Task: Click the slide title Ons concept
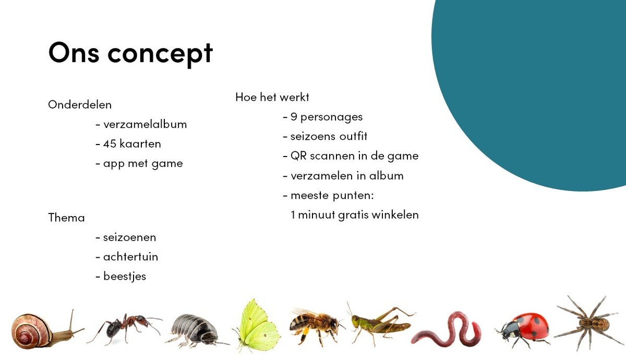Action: pyautogui.click(x=130, y=54)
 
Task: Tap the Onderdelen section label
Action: pyautogui.click(x=80, y=105)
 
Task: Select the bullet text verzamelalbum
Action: pyautogui.click(x=145, y=124)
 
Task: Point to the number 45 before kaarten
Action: pyautogui.click(x=110, y=144)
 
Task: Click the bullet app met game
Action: pyautogui.click(x=143, y=164)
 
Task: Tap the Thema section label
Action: pyautogui.click(x=67, y=218)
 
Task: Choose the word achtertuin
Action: pyautogui.click(x=130, y=257)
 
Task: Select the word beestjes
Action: pyautogui.click(x=125, y=277)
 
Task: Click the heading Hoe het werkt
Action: pyautogui.click(x=272, y=97)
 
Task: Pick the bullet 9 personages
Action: pyautogui.click(x=327, y=117)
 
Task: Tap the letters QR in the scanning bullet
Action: pyautogui.click(x=298, y=156)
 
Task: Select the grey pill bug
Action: pyautogui.click(x=196, y=330)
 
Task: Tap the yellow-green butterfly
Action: pyautogui.click(x=257, y=327)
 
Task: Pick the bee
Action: pyautogui.click(x=316, y=326)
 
